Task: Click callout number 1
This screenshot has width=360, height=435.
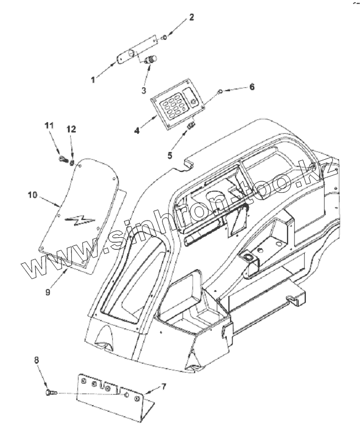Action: pos(93,80)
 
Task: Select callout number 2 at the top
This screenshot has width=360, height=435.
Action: pos(191,17)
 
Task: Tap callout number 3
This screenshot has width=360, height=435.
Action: pos(144,90)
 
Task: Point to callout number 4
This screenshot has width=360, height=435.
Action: pos(137,130)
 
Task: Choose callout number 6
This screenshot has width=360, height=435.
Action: pos(252,87)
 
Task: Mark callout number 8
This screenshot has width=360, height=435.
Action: pos(37,360)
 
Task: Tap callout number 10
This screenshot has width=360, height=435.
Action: pos(32,195)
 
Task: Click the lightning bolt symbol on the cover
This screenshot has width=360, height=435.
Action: pos(76,221)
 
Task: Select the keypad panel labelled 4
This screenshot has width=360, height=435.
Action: pos(176,104)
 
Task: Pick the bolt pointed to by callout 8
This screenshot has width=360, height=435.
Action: pos(49,392)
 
